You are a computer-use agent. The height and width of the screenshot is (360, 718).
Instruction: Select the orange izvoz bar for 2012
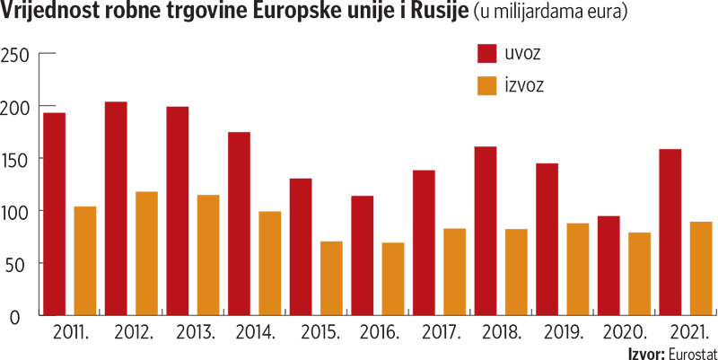click(146, 253)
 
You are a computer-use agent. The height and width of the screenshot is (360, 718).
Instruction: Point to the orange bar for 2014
click(270, 263)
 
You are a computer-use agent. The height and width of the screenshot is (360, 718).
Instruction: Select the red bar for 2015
click(301, 247)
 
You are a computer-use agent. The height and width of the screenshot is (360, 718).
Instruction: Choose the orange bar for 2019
click(578, 269)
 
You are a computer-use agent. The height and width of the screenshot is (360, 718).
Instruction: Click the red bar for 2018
click(486, 231)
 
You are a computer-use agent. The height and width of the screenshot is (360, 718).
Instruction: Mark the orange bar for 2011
click(85, 260)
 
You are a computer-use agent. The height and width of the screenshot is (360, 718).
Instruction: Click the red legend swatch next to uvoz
click(486, 53)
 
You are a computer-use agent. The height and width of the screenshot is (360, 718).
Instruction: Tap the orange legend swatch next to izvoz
click(486, 85)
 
